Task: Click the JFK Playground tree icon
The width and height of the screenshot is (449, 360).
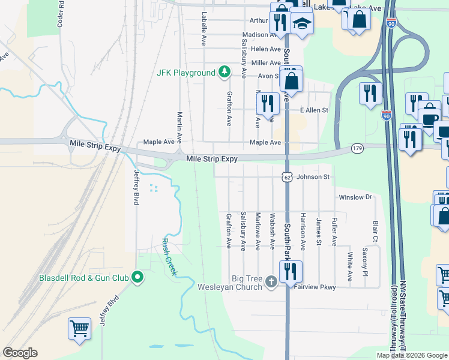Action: click(x=224, y=73)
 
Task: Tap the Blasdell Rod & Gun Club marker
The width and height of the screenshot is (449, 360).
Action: click(x=137, y=277)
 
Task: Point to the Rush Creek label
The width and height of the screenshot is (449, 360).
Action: click(x=169, y=257)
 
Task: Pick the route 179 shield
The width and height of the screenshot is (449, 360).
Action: click(x=358, y=148)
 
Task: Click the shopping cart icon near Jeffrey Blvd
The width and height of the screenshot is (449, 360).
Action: click(x=79, y=328)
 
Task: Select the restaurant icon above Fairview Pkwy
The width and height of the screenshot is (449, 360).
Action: click(x=291, y=271)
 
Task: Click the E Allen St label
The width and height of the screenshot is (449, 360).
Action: click(x=314, y=110)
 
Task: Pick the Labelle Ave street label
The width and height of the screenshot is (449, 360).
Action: click(x=204, y=29)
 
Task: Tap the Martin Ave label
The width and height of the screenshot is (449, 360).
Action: click(x=179, y=122)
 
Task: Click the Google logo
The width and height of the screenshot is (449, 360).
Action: click(x=20, y=353)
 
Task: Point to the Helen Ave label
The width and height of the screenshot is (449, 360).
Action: click(x=267, y=49)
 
